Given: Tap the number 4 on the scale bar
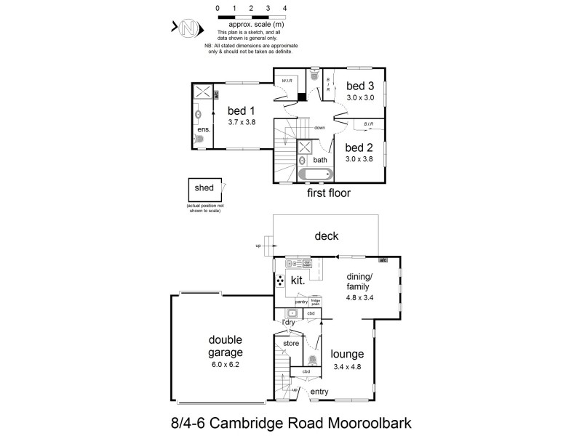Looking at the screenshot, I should [x=284, y=8].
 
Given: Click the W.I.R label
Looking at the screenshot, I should [x=287, y=81].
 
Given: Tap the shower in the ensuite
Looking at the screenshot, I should [x=202, y=92].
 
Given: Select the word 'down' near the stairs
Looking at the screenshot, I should [x=319, y=128].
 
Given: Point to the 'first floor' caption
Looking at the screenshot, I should [x=329, y=193].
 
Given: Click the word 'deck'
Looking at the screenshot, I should [x=326, y=236].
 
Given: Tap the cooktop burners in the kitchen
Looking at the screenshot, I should [x=280, y=280].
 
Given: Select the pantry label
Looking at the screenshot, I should [x=291, y=302].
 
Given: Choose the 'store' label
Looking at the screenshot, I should [x=291, y=343].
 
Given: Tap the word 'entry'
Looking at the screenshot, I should [x=319, y=392].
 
